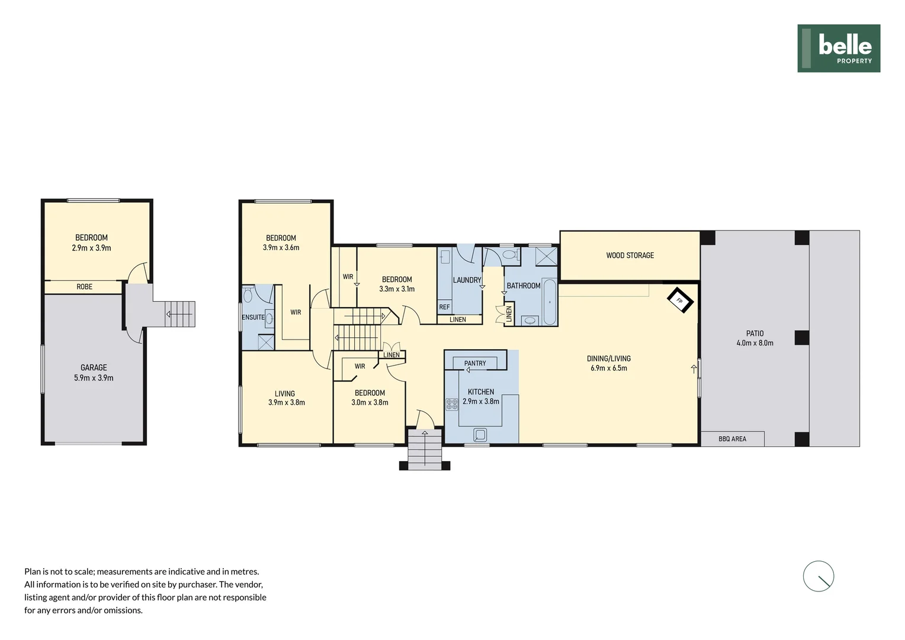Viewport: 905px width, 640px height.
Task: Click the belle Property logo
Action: click(x=838, y=49)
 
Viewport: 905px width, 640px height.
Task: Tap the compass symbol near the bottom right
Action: click(x=818, y=576)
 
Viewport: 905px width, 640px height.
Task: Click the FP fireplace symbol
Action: click(x=679, y=300)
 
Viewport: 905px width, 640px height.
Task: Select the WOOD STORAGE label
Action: click(x=630, y=255)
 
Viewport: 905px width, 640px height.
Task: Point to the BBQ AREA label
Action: click(x=732, y=439)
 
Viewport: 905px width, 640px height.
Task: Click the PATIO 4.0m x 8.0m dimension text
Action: click(x=755, y=343)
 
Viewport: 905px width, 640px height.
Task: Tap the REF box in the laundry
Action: click(x=444, y=307)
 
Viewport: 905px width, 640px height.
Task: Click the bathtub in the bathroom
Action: click(x=550, y=302)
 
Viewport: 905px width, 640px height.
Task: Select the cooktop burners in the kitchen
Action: click(x=452, y=404)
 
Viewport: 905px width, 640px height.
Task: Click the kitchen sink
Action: click(x=480, y=436)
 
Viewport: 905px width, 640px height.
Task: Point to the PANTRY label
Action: click(x=475, y=363)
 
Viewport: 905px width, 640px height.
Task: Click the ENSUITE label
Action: click(x=253, y=318)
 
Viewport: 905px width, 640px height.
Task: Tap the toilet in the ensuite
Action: click(x=249, y=295)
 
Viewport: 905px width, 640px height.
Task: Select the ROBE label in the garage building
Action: click(x=84, y=287)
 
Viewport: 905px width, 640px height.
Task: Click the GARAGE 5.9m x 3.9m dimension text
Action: click(x=94, y=378)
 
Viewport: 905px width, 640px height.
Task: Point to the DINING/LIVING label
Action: click(x=608, y=359)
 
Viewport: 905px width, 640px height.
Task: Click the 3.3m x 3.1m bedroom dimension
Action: click(x=397, y=289)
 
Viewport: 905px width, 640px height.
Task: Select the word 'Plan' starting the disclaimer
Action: click(x=32, y=572)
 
